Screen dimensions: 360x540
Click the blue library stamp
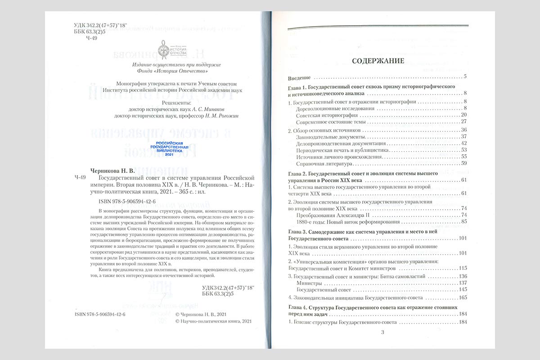pos(169,148)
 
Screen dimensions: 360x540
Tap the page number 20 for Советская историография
pos(463,115)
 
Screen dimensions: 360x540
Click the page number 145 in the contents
pos(462,289)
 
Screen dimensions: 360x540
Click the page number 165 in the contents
pos(462,298)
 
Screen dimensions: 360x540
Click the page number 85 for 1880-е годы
pos(463,222)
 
